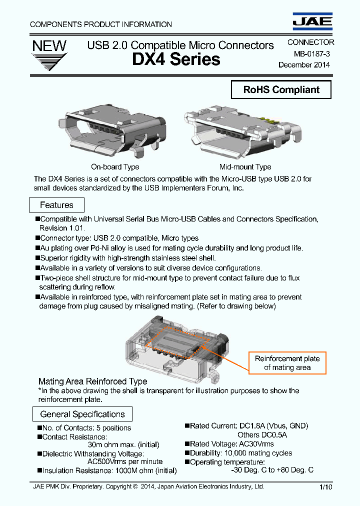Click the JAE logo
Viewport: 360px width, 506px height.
(312, 20)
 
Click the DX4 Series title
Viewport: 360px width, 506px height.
(176, 59)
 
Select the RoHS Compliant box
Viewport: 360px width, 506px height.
(281, 90)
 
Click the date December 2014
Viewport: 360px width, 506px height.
(304, 64)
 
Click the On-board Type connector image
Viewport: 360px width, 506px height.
(115, 132)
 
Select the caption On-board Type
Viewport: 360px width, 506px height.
(115, 167)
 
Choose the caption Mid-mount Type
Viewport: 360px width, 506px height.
(245, 167)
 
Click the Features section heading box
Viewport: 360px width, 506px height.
(56, 205)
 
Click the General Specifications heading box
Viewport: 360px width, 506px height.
(82, 414)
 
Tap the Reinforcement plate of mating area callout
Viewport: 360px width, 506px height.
(287, 363)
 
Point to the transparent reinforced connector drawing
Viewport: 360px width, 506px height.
(177, 345)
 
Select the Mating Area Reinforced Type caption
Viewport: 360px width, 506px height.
(92, 381)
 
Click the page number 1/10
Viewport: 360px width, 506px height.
(325, 487)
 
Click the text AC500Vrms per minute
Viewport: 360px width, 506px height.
(125, 461)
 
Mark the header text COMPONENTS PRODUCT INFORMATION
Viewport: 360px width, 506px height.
(101, 24)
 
